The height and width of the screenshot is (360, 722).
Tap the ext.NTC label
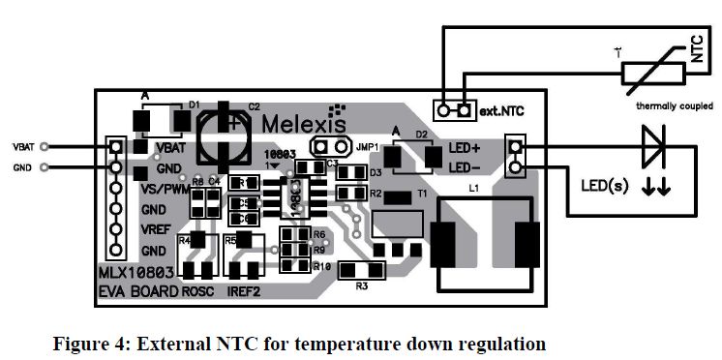tap(506, 112)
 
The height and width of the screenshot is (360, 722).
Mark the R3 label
tap(362, 285)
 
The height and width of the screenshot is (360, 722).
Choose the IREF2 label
tap(242, 289)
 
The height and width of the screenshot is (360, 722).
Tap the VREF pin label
tap(156, 230)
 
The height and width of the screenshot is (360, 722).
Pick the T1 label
tap(422, 195)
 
